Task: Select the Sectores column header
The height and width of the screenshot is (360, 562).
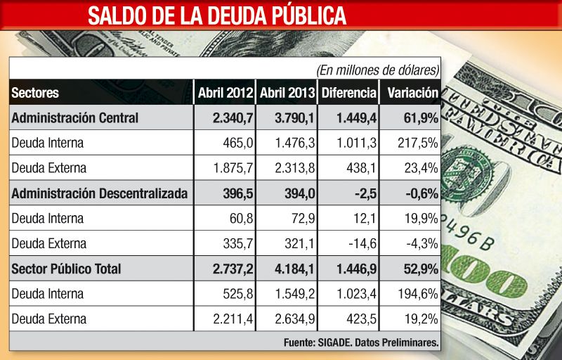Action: coord(35,93)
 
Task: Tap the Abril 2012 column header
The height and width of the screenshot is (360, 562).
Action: coord(225,93)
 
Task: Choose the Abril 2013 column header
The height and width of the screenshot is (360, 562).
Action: coord(287,93)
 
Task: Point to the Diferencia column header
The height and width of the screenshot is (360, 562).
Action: coord(348,93)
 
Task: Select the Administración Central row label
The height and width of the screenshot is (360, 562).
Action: coord(75,117)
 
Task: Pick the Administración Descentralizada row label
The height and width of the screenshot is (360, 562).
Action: coord(99,193)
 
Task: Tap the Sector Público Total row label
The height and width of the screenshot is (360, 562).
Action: coord(66,269)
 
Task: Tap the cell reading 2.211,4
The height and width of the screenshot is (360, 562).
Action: coord(233,319)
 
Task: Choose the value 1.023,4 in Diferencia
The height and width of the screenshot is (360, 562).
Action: coord(354,294)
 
